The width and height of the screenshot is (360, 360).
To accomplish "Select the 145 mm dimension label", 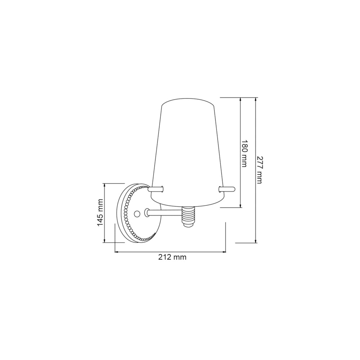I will click(x=100, y=213).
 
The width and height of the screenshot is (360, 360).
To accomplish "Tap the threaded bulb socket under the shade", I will click(x=189, y=216).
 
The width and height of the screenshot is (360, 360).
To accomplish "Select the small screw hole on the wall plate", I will click(x=136, y=214).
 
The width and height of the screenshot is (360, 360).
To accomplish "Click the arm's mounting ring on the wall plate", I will click(x=147, y=213).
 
